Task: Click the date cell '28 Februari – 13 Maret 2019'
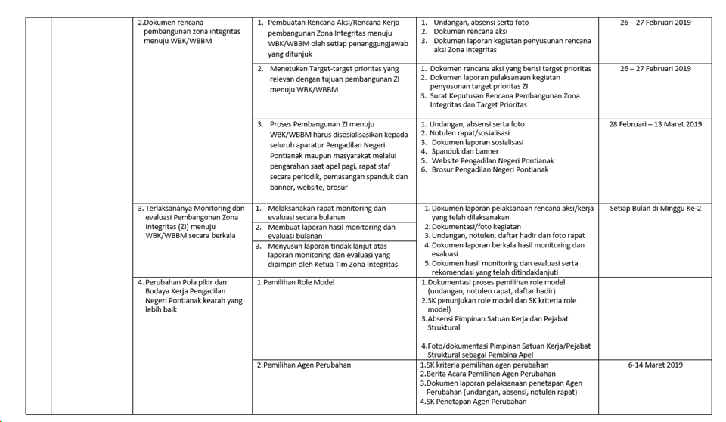[x=655, y=124]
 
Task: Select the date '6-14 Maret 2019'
[x=655, y=365]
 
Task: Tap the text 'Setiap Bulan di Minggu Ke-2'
[x=655, y=209]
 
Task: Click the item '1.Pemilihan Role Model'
[x=294, y=282]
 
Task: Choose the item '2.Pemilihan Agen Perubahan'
[x=302, y=365]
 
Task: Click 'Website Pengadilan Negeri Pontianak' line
[x=492, y=160]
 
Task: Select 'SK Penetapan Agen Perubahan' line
[x=476, y=402]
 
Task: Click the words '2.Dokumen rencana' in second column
[x=171, y=23]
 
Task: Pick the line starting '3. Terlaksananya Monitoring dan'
[x=191, y=209]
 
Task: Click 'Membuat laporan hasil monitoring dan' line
[x=331, y=227]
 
